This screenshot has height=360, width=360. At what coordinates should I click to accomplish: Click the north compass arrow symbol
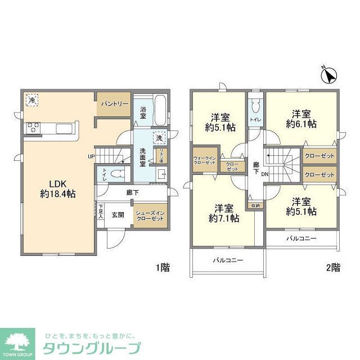[328, 75]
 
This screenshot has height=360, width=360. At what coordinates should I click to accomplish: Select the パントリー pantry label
[115, 104]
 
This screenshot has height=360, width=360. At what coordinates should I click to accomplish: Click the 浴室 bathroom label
[143, 112]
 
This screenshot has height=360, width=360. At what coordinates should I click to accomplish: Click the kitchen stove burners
[31, 128]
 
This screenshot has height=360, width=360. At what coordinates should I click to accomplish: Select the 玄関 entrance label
[118, 214]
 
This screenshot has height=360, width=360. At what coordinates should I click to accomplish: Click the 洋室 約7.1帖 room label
[224, 212]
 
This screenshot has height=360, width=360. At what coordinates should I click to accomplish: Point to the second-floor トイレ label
[254, 120]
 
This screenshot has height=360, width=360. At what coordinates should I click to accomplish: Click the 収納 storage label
[255, 205]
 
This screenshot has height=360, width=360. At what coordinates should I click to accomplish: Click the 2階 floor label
[332, 268]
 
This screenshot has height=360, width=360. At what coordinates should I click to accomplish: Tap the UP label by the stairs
[91, 156]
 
